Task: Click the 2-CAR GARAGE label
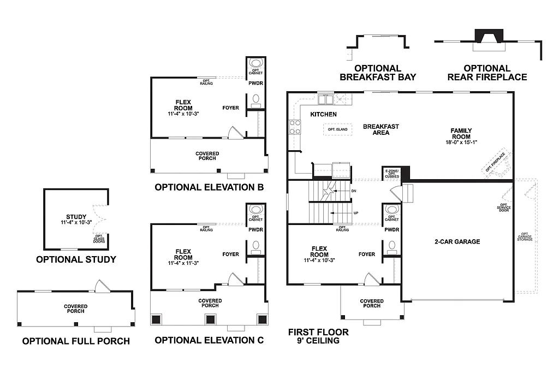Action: tap(457, 241)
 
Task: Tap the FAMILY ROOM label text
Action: tap(461, 134)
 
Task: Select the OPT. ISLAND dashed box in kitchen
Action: tap(337, 129)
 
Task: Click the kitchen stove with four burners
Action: tap(295, 127)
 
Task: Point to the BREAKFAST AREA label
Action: tap(381, 129)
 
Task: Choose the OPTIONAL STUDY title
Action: tap(76, 259)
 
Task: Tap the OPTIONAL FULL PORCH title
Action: tap(76, 341)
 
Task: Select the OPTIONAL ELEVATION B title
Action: tap(209, 187)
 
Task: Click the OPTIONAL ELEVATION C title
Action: tap(209, 340)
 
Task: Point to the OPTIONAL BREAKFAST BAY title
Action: tap(378, 73)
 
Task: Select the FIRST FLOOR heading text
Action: tap(318, 332)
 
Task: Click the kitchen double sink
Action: tap(326, 99)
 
